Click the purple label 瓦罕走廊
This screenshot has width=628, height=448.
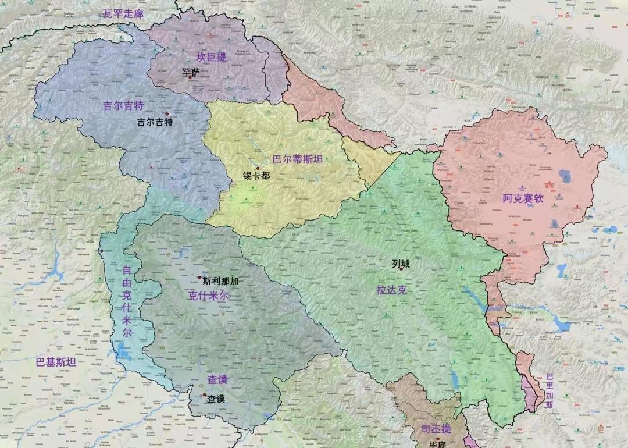123,13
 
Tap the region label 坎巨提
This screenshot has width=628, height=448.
211,57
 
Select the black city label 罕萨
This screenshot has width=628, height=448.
191,72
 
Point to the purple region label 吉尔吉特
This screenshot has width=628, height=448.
123,106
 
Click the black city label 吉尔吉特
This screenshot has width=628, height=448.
155,122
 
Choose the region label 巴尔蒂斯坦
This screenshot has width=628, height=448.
297,159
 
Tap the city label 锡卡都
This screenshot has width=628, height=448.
256,175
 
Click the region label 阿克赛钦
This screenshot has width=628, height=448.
523,198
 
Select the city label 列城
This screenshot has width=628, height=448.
401,264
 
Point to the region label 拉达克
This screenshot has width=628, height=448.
391,289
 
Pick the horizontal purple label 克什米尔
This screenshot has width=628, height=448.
208,296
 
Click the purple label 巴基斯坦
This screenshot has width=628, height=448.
56,362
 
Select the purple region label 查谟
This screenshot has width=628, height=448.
218,379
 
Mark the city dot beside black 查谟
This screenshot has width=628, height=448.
204,395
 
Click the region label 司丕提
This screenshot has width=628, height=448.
436,429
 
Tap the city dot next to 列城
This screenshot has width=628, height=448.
401,269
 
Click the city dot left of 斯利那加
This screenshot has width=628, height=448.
199,278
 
